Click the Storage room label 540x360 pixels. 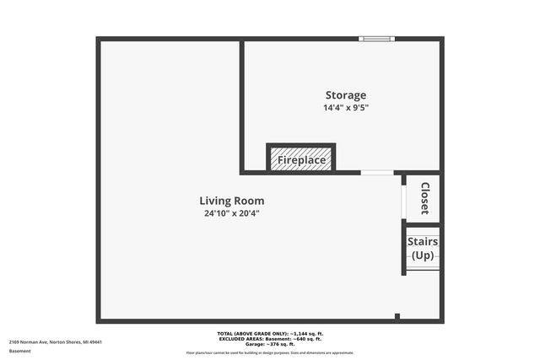346,95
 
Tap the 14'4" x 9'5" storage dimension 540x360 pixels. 346,108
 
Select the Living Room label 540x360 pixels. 231,201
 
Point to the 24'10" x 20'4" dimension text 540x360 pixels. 231,214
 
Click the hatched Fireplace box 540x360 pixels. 301,159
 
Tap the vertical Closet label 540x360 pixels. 424,198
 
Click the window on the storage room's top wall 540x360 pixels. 375,39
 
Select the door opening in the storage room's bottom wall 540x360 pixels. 376,173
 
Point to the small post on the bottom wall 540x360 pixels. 397,316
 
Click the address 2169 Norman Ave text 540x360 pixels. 56,341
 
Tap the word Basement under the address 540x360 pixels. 20,351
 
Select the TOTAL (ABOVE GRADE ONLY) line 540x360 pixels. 269,334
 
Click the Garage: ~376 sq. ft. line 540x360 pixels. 269,344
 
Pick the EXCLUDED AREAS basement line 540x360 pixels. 269,339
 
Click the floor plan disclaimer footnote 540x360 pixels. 269,352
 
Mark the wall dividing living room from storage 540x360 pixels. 242,105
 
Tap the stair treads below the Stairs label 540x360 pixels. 423,266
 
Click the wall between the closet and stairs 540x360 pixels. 422,224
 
